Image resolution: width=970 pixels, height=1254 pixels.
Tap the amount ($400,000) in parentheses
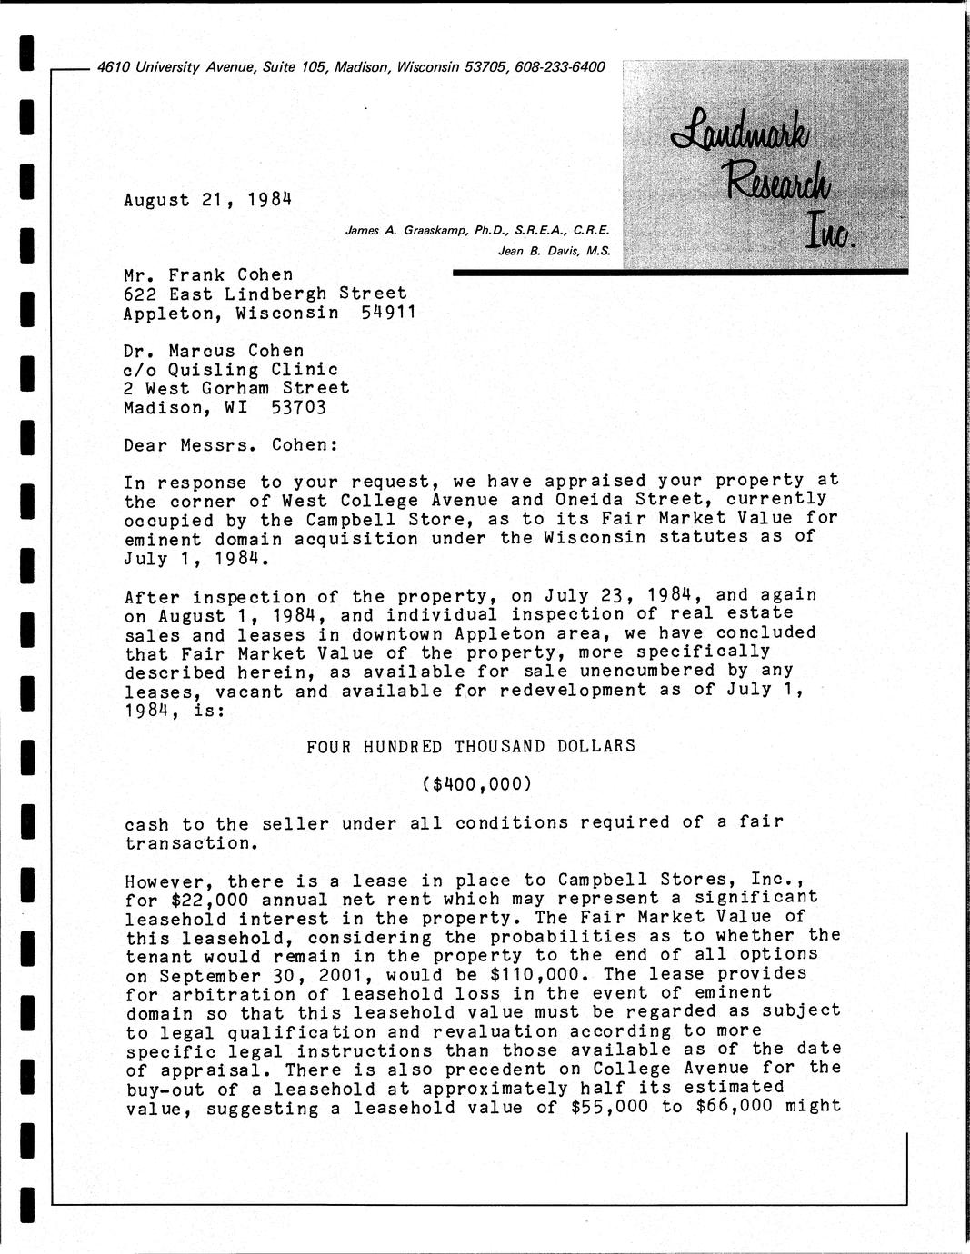tap(476, 783)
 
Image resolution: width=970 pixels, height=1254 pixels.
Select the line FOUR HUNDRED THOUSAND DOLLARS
tap(471, 746)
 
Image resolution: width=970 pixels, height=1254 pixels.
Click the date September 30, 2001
tap(260, 974)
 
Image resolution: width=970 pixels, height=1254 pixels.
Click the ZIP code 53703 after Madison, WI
tap(298, 407)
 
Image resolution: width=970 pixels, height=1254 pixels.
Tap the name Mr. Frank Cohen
tap(208, 274)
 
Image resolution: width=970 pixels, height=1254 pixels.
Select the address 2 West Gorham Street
tap(236, 388)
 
